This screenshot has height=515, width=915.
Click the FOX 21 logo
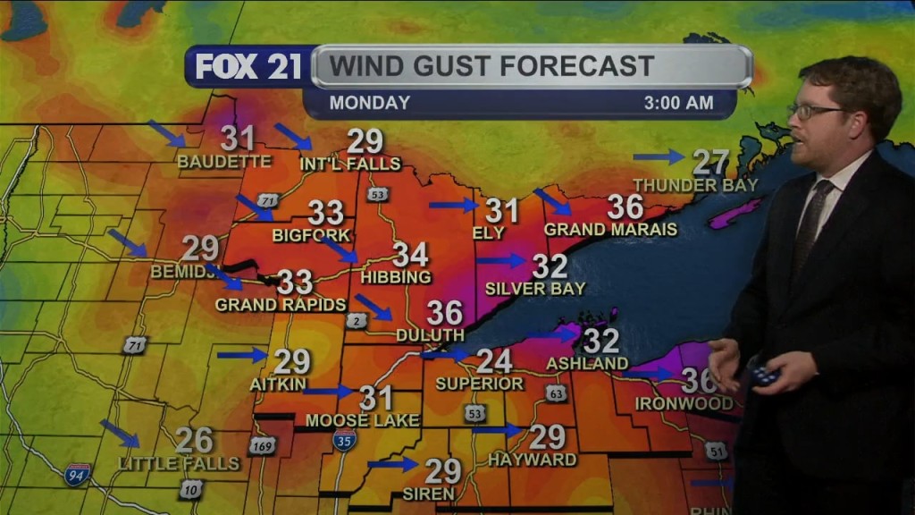[x=248, y=67]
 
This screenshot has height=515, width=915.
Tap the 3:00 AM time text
[x=678, y=103]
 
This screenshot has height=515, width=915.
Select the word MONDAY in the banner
[x=369, y=103]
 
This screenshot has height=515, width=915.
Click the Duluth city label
[x=431, y=335]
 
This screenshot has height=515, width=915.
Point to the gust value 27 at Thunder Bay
[x=711, y=162]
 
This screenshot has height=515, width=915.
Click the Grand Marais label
[x=610, y=230]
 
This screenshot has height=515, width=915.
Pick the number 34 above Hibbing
[x=411, y=255]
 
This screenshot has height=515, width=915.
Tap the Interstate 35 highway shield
[x=345, y=439]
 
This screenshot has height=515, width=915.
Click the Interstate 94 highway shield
[x=78, y=473]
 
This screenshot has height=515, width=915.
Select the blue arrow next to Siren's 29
[x=392, y=464]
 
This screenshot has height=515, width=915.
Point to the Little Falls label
[x=180, y=464]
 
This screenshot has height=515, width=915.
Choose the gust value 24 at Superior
[x=494, y=361]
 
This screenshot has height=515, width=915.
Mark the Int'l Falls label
[x=350, y=164]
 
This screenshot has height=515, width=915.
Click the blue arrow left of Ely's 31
[x=454, y=205]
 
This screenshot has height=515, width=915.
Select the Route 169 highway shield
[x=262, y=444]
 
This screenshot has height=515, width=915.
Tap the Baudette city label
[x=223, y=162]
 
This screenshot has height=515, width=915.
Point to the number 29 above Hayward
[x=548, y=437]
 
